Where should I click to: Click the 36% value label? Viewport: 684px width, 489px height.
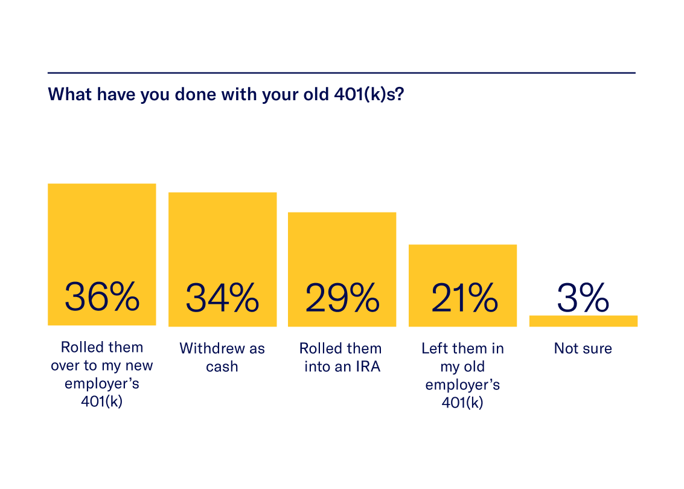pos(102,297)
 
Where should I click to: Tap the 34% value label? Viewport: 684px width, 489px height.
pos(222,297)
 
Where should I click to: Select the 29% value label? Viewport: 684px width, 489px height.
pos(342,297)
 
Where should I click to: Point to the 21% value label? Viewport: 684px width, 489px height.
pos(463,297)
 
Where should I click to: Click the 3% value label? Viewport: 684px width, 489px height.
pos(583,297)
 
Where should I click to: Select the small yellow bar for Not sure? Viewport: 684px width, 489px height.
pos(583,321)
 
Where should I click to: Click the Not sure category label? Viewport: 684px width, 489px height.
pos(583,348)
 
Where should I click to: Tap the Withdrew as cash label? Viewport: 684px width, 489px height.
pos(222,357)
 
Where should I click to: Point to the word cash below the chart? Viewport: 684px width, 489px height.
pos(222,366)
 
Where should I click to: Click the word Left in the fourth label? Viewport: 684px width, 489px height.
pos(435,348)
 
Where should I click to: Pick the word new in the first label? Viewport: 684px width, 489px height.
pos(139,366)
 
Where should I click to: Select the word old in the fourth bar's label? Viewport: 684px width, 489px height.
pos(472,366)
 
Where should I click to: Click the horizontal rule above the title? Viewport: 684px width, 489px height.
pos(342,73)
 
